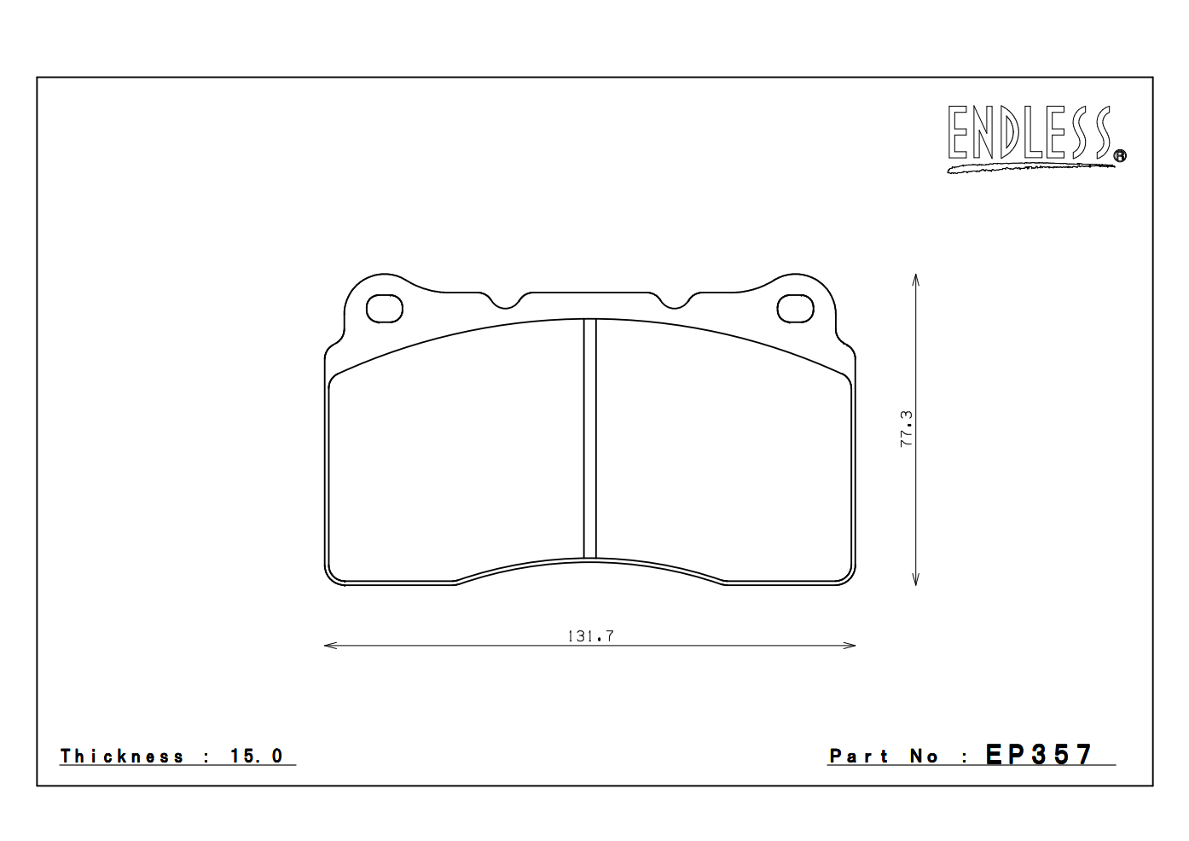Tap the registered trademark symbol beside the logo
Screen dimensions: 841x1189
click(1120, 155)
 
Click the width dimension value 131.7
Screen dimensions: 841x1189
click(590, 635)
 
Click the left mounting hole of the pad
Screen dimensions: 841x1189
click(384, 309)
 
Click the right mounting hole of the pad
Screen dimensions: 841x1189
click(795, 309)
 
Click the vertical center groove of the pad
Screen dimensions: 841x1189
click(589, 438)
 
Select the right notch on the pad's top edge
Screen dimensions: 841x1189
click(675, 301)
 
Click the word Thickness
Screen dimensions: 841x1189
click(122, 757)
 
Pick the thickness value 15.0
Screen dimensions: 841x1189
click(257, 757)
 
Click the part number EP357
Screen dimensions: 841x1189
click(1039, 755)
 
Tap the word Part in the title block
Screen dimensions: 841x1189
click(859, 757)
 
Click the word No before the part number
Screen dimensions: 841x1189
click(924, 757)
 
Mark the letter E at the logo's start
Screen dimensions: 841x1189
click(959, 133)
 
